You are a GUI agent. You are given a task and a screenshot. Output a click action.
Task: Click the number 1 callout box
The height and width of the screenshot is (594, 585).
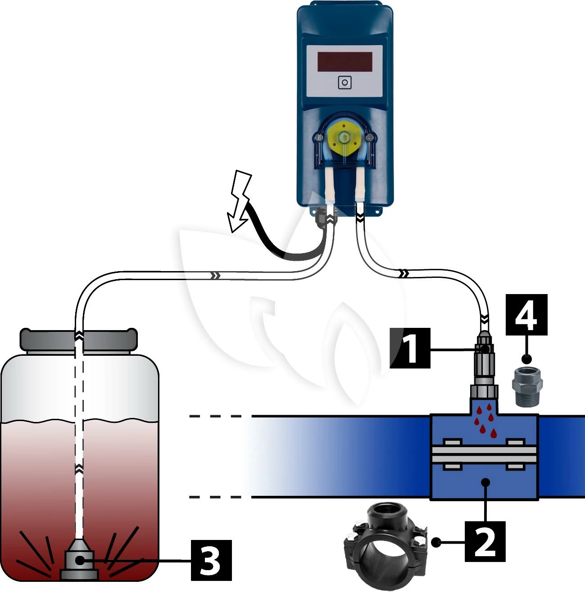pos(410,348)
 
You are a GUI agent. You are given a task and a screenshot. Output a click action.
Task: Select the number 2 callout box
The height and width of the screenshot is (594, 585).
pos(485,541)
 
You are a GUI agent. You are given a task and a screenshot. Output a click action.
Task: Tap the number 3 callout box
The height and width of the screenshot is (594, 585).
pos(211,560)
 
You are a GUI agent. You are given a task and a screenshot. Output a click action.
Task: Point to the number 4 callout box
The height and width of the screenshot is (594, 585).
pos(526,315)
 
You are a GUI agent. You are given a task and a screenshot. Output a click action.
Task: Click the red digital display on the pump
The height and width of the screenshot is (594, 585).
pos(345,62)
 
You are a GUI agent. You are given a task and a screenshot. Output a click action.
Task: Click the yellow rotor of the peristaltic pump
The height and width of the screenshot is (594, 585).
pos(345,137)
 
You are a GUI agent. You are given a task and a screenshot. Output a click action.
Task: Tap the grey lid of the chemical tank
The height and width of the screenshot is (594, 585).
pos(78,340)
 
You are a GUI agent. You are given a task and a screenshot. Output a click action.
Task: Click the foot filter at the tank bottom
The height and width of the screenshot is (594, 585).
pos(79,561)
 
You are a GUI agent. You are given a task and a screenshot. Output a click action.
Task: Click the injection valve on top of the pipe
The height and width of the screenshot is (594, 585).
pos(484,365)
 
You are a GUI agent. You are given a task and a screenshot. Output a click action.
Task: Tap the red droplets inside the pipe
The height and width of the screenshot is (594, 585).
pos(485,421)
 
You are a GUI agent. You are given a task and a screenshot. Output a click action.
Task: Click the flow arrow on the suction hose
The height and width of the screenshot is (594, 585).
pos(216,275)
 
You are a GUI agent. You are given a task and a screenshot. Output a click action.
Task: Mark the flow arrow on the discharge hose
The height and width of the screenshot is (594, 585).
pos(404,273)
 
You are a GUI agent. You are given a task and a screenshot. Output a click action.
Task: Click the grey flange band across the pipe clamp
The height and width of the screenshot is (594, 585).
pos(484,454)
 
